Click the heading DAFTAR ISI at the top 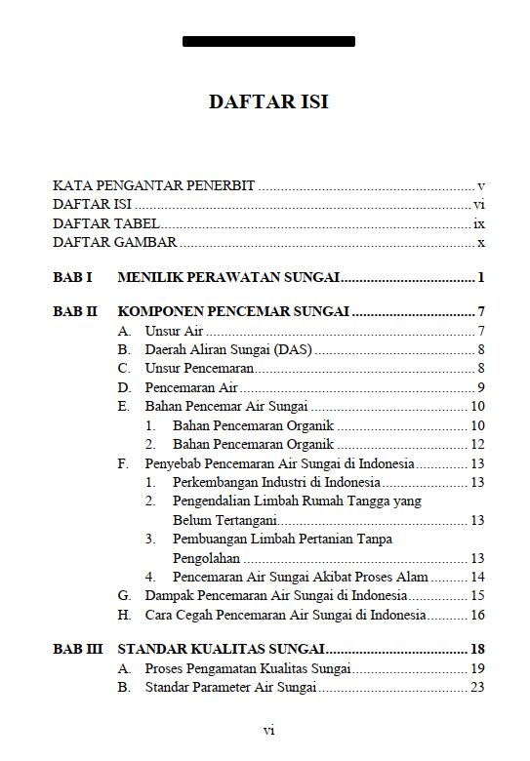pyautogui.click(x=268, y=102)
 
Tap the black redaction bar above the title pyautogui.click(x=268, y=42)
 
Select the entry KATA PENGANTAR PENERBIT pyautogui.click(x=154, y=185)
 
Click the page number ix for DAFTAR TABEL pyautogui.click(x=478, y=223)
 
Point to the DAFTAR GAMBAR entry pyautogui.click(x=115, y=242)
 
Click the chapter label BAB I pyautogui.click(x=72, y=278)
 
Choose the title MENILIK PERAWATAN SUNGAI pyautogui.click(x=228, y=278)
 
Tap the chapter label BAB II pyautogui.click(x=75, y=313)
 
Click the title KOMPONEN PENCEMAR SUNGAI pyautogui.click(x=233, y=313)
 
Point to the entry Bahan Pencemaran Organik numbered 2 pyautogui.click(x=254, y=444)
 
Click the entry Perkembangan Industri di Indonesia pyautogui.click(x=276, y=482)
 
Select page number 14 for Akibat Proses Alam pyautogui.click(x=477, y=577)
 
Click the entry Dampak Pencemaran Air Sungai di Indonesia pyautogui.click(x=275, y=595)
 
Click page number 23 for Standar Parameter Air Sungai pyautogui.click(x=477, y=687)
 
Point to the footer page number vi pyautogui.click(x=268, y=730)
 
